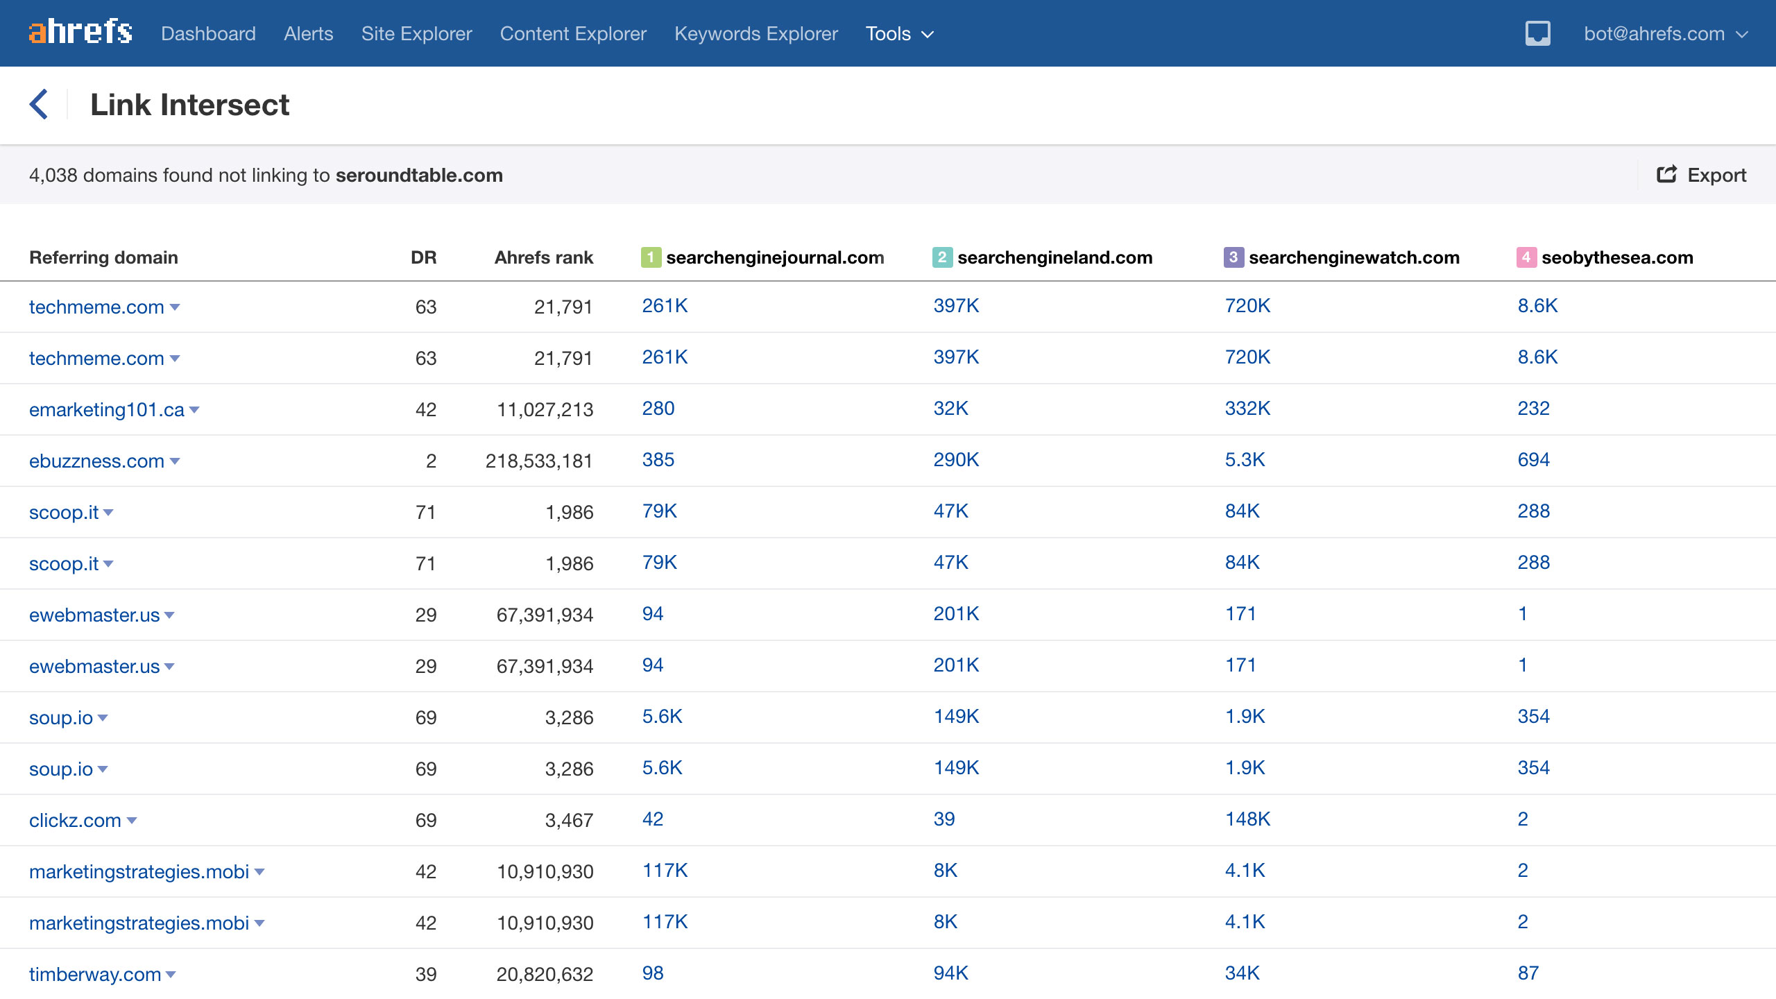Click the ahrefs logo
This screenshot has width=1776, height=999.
[x=80, y=33]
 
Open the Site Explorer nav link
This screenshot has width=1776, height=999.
[x=416, y=33]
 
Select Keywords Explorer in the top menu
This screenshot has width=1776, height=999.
[x=755, y=33]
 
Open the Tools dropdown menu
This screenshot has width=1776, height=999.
[x=899, y=33]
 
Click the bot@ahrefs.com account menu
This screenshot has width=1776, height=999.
[x=1665, y=33]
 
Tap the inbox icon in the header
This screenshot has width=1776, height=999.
[x=1537, y=33]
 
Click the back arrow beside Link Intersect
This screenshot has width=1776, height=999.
[x=39, y=105]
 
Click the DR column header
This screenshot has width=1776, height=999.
[x=423, y=257]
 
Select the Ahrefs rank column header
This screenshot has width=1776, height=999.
[x=543, y=257]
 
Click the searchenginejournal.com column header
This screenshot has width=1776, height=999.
[x=774, y=257]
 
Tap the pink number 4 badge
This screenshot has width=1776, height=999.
[x=1526, y=257]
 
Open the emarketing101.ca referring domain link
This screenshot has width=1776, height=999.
[x=106, y=409]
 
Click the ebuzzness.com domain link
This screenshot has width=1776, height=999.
[x=96, y=461]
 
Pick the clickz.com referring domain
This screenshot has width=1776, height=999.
[x=75, y=820]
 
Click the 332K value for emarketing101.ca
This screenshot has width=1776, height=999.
[x=1247, y=408]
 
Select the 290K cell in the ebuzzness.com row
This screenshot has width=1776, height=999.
[x=956, y=459]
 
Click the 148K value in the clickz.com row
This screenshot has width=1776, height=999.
[x=1247, y=819]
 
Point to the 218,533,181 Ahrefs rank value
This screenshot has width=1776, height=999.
[x=539, y=461]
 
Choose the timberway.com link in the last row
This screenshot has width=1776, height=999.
[x=95, y=974]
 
